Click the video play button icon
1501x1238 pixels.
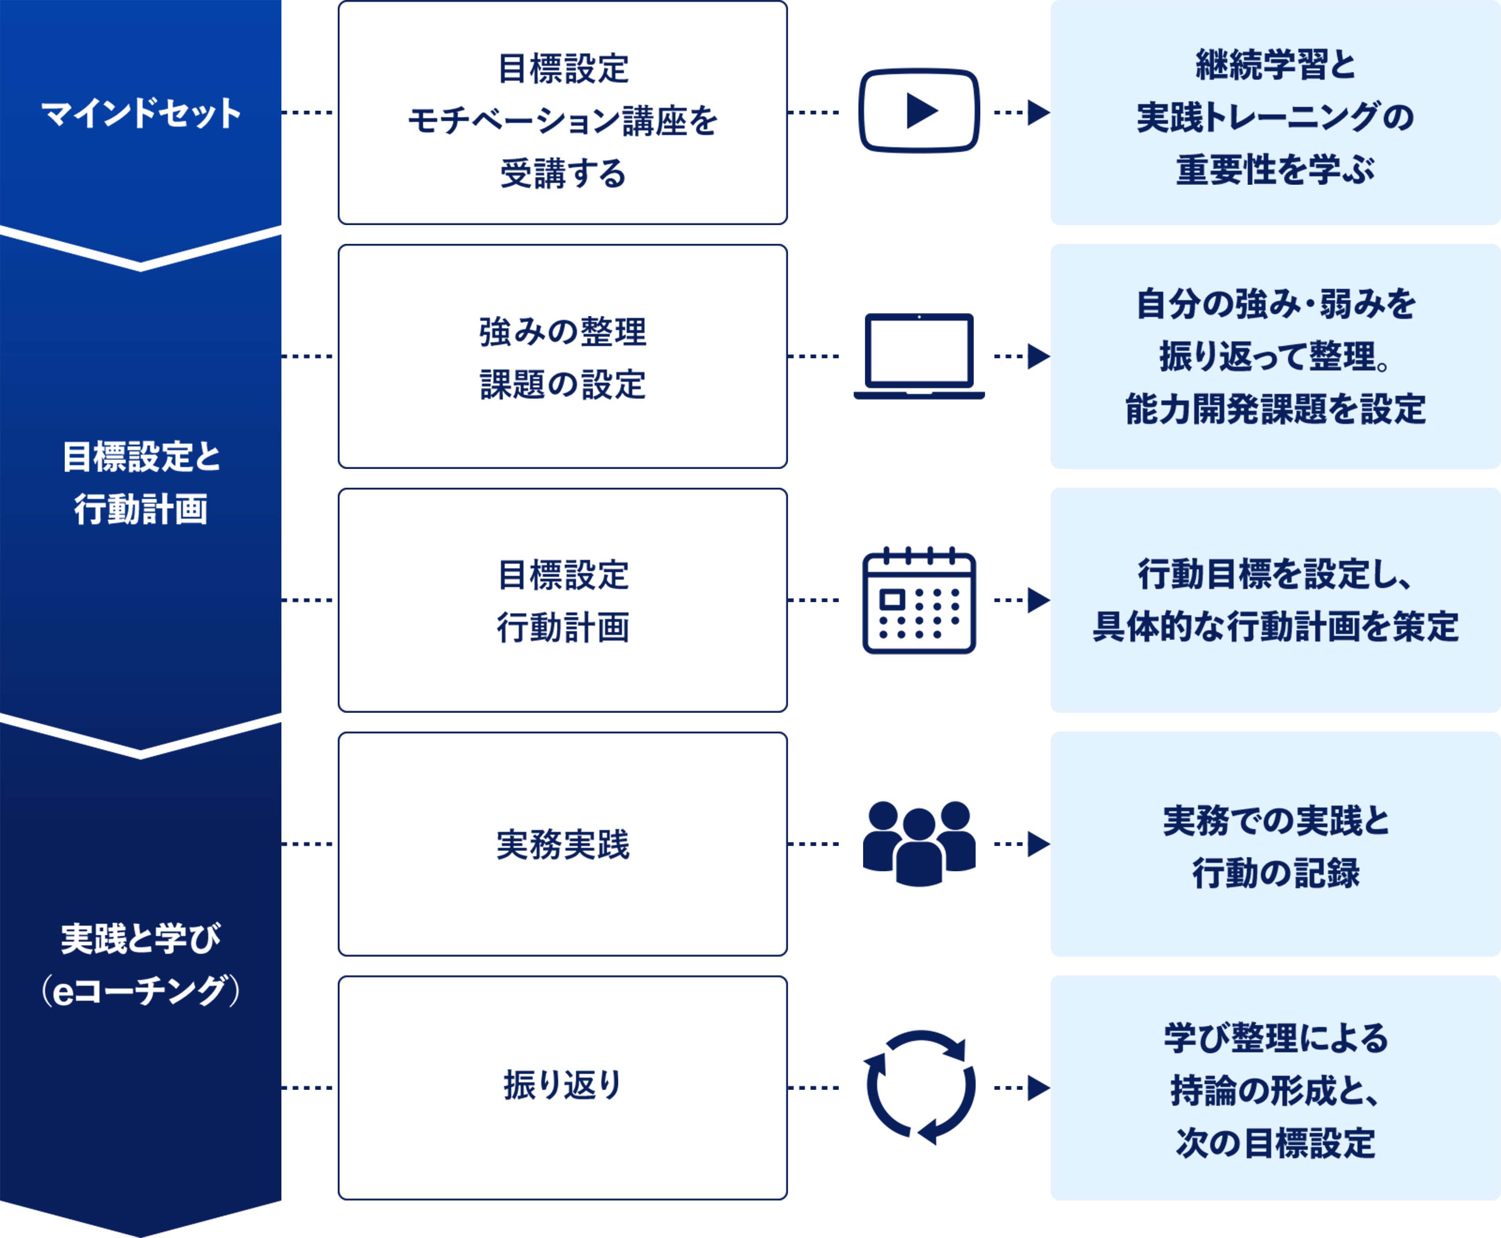click(x=919, y=111)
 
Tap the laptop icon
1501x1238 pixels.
click(x=919, y=356)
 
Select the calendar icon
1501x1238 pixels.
click(x=919, y=600)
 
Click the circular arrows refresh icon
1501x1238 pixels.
click(x=919, y=1087)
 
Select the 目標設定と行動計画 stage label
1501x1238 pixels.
click(x=141, y=483)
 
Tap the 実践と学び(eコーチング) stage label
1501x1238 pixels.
click(x=141, y=964)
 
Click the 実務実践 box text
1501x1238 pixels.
click(x=563, y=845)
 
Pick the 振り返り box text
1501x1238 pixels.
click(x=563, y=1086)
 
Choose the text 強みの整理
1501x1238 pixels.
click(x=563, y=332)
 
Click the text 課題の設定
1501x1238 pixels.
click(x=563, y=385)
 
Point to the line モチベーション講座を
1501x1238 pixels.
click(x=563, y=121)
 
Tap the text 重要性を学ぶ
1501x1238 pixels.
click(x=1275, y=170)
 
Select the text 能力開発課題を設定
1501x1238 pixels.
click(x=1275, y=409)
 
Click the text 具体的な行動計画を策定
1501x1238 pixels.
click(x=1275, y=627)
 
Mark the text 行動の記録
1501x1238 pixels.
click(x=1275, y=873)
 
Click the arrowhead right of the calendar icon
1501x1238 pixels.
click(x=1038, y=600)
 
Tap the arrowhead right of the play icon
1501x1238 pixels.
click(x=1038, y=112)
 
